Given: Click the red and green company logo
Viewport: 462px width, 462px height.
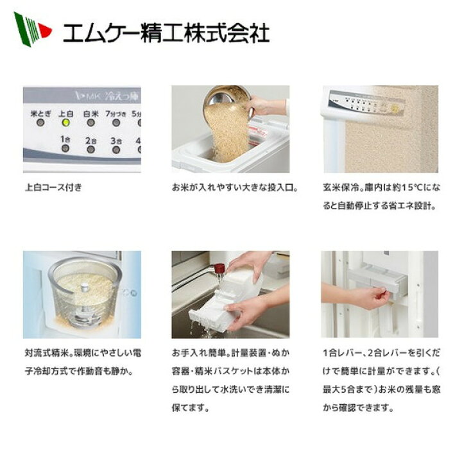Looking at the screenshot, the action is [x=33, y=30].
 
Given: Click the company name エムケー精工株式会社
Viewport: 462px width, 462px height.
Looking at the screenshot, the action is [x=166, y=33].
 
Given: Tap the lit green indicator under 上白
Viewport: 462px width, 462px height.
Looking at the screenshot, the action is [x=65, y=123].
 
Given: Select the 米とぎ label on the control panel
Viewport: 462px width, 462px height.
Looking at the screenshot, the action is [x=40, y=114].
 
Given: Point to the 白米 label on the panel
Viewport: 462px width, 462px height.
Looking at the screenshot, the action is [x=90, y=114].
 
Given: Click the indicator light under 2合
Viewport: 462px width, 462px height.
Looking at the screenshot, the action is [x=90, y=150].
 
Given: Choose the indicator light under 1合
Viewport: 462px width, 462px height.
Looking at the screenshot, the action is [x=65, y=148].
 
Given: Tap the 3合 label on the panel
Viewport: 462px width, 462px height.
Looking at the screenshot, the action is [x=116, y=141].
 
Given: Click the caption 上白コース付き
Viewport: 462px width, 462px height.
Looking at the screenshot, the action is [x=53, y=187].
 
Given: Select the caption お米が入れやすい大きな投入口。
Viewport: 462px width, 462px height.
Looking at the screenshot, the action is [x=235, y=187].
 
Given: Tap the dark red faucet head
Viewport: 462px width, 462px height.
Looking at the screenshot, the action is [x=219, y=268].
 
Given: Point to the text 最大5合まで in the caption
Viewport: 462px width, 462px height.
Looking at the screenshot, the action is [x=348, y=389].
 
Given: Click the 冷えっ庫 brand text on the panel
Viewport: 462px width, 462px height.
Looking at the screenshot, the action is [x=122, y=96].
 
